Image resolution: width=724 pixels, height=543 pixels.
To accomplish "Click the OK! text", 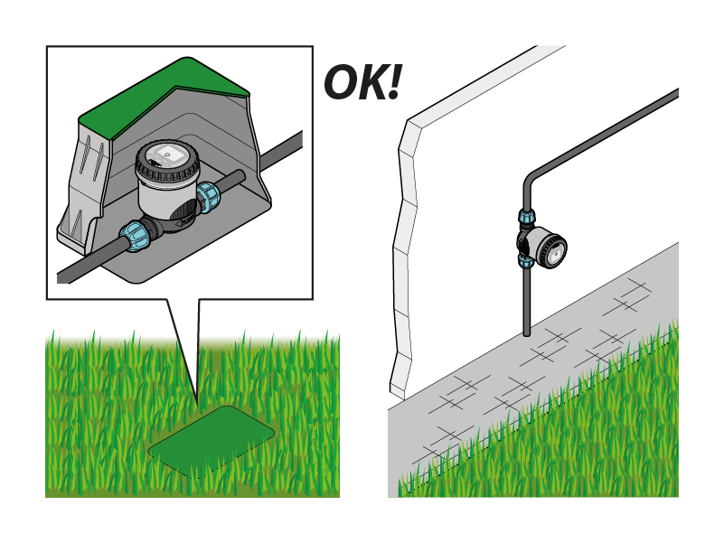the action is click(x=363, y=82).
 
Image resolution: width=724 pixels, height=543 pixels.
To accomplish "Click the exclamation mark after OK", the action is click(x=394, y=82).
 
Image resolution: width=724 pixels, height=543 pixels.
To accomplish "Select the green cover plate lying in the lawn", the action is click(x=211, y=441).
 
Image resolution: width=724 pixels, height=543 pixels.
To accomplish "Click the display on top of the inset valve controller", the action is click(x=168, y=154).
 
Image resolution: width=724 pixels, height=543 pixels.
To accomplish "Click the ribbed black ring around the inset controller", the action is click(x=166, y=172).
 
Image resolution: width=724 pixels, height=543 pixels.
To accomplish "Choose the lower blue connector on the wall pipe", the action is click(x=526, y=261).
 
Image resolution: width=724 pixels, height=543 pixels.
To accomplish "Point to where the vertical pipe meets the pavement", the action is click(x=527, y=333).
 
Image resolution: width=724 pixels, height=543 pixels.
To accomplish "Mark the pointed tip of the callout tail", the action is click(x=197, y=404).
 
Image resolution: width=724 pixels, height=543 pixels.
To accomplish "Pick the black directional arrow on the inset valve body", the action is click(x=184, y=222).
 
